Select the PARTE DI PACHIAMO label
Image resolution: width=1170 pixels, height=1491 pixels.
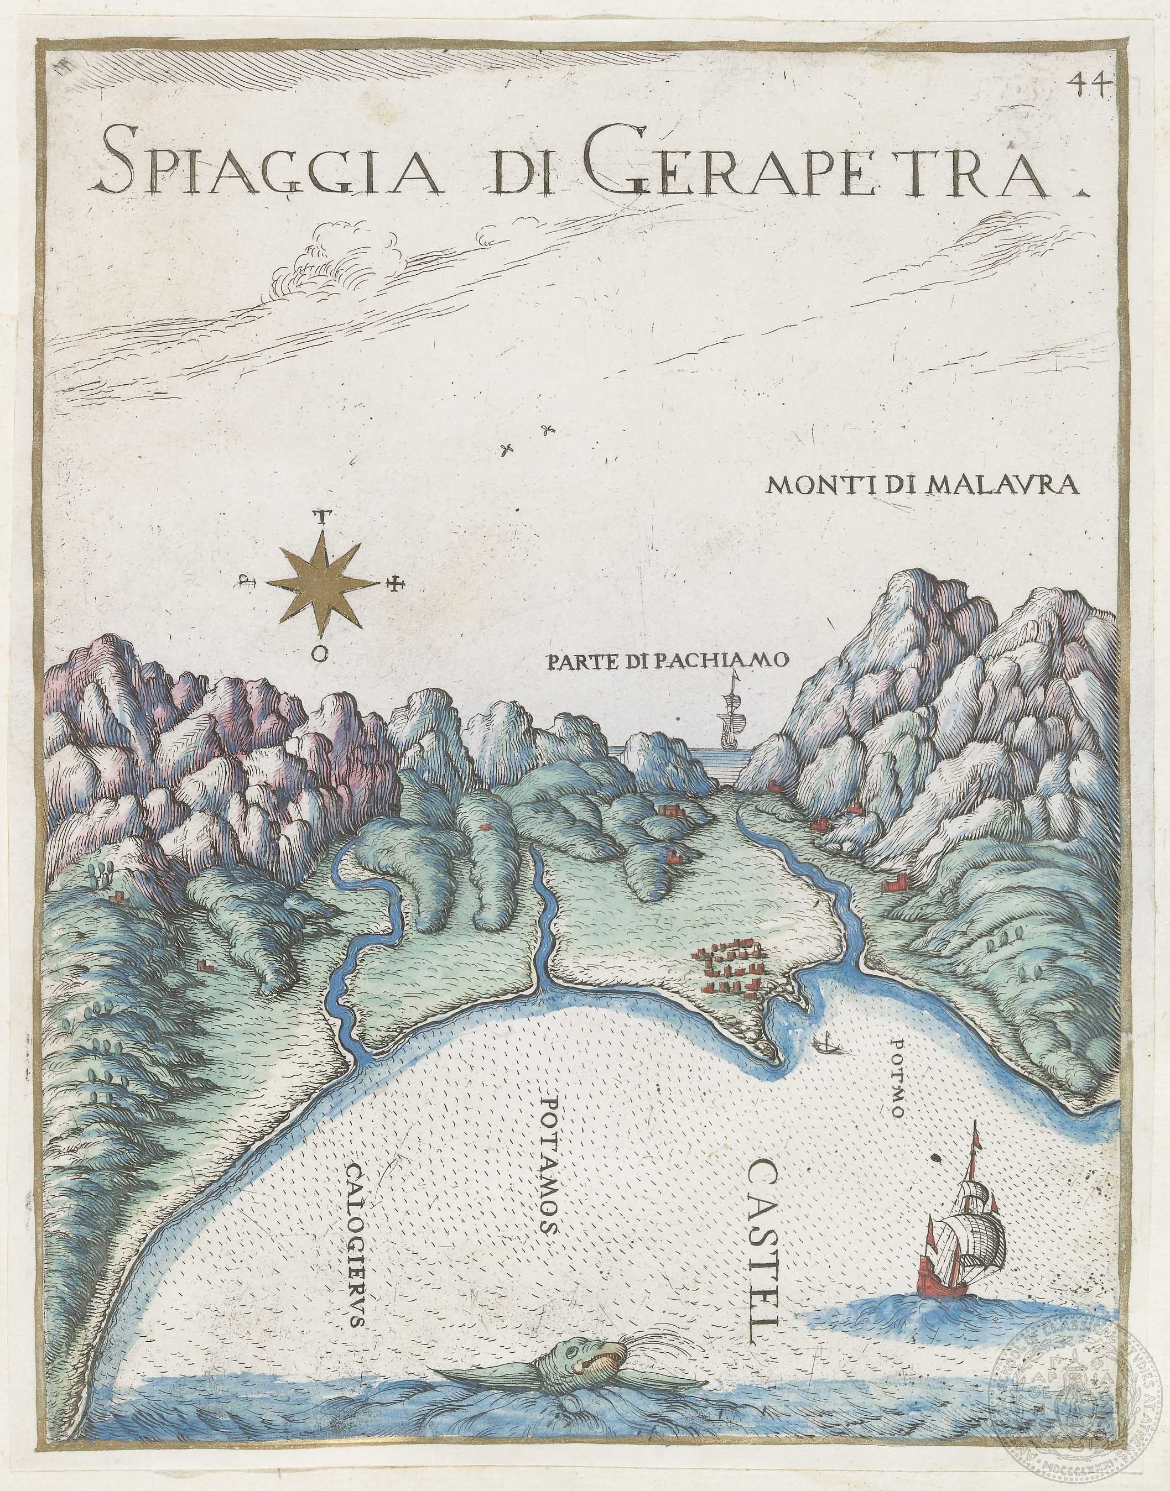pyautogui.click(x=667, y=661)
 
